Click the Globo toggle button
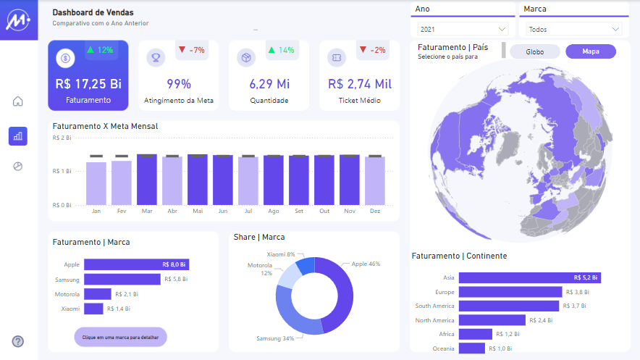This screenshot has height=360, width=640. (x=535, y=51)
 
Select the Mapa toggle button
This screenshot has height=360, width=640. (x=591, y=51)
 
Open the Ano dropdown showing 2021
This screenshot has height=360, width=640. (x=463, y=30)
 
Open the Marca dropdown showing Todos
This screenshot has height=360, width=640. (x=574, y=30)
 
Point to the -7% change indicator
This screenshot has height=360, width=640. (x=192, y=50)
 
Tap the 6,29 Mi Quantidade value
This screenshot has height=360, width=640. (x=269, y=83)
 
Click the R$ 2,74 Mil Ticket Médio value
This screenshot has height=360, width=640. (x=359, y=83)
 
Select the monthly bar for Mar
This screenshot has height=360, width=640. (x=147, y=180)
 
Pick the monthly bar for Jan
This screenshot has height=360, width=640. (x=96, y=184)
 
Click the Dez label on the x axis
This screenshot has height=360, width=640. (x=374, y=211)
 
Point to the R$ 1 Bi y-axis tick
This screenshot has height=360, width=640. (x=62, y=171)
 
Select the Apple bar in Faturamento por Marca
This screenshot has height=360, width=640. (x=136, y=264)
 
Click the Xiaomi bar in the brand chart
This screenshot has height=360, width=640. (x=93, y=309)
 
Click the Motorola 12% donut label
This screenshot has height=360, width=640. (x=260, y=269)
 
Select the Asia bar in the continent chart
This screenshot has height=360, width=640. (x=529, y=277)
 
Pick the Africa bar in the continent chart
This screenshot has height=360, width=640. (x=474, y=334)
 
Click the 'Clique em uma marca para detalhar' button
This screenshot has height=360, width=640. (x=120, y=337)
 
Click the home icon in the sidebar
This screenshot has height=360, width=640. (x=18, y=101)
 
